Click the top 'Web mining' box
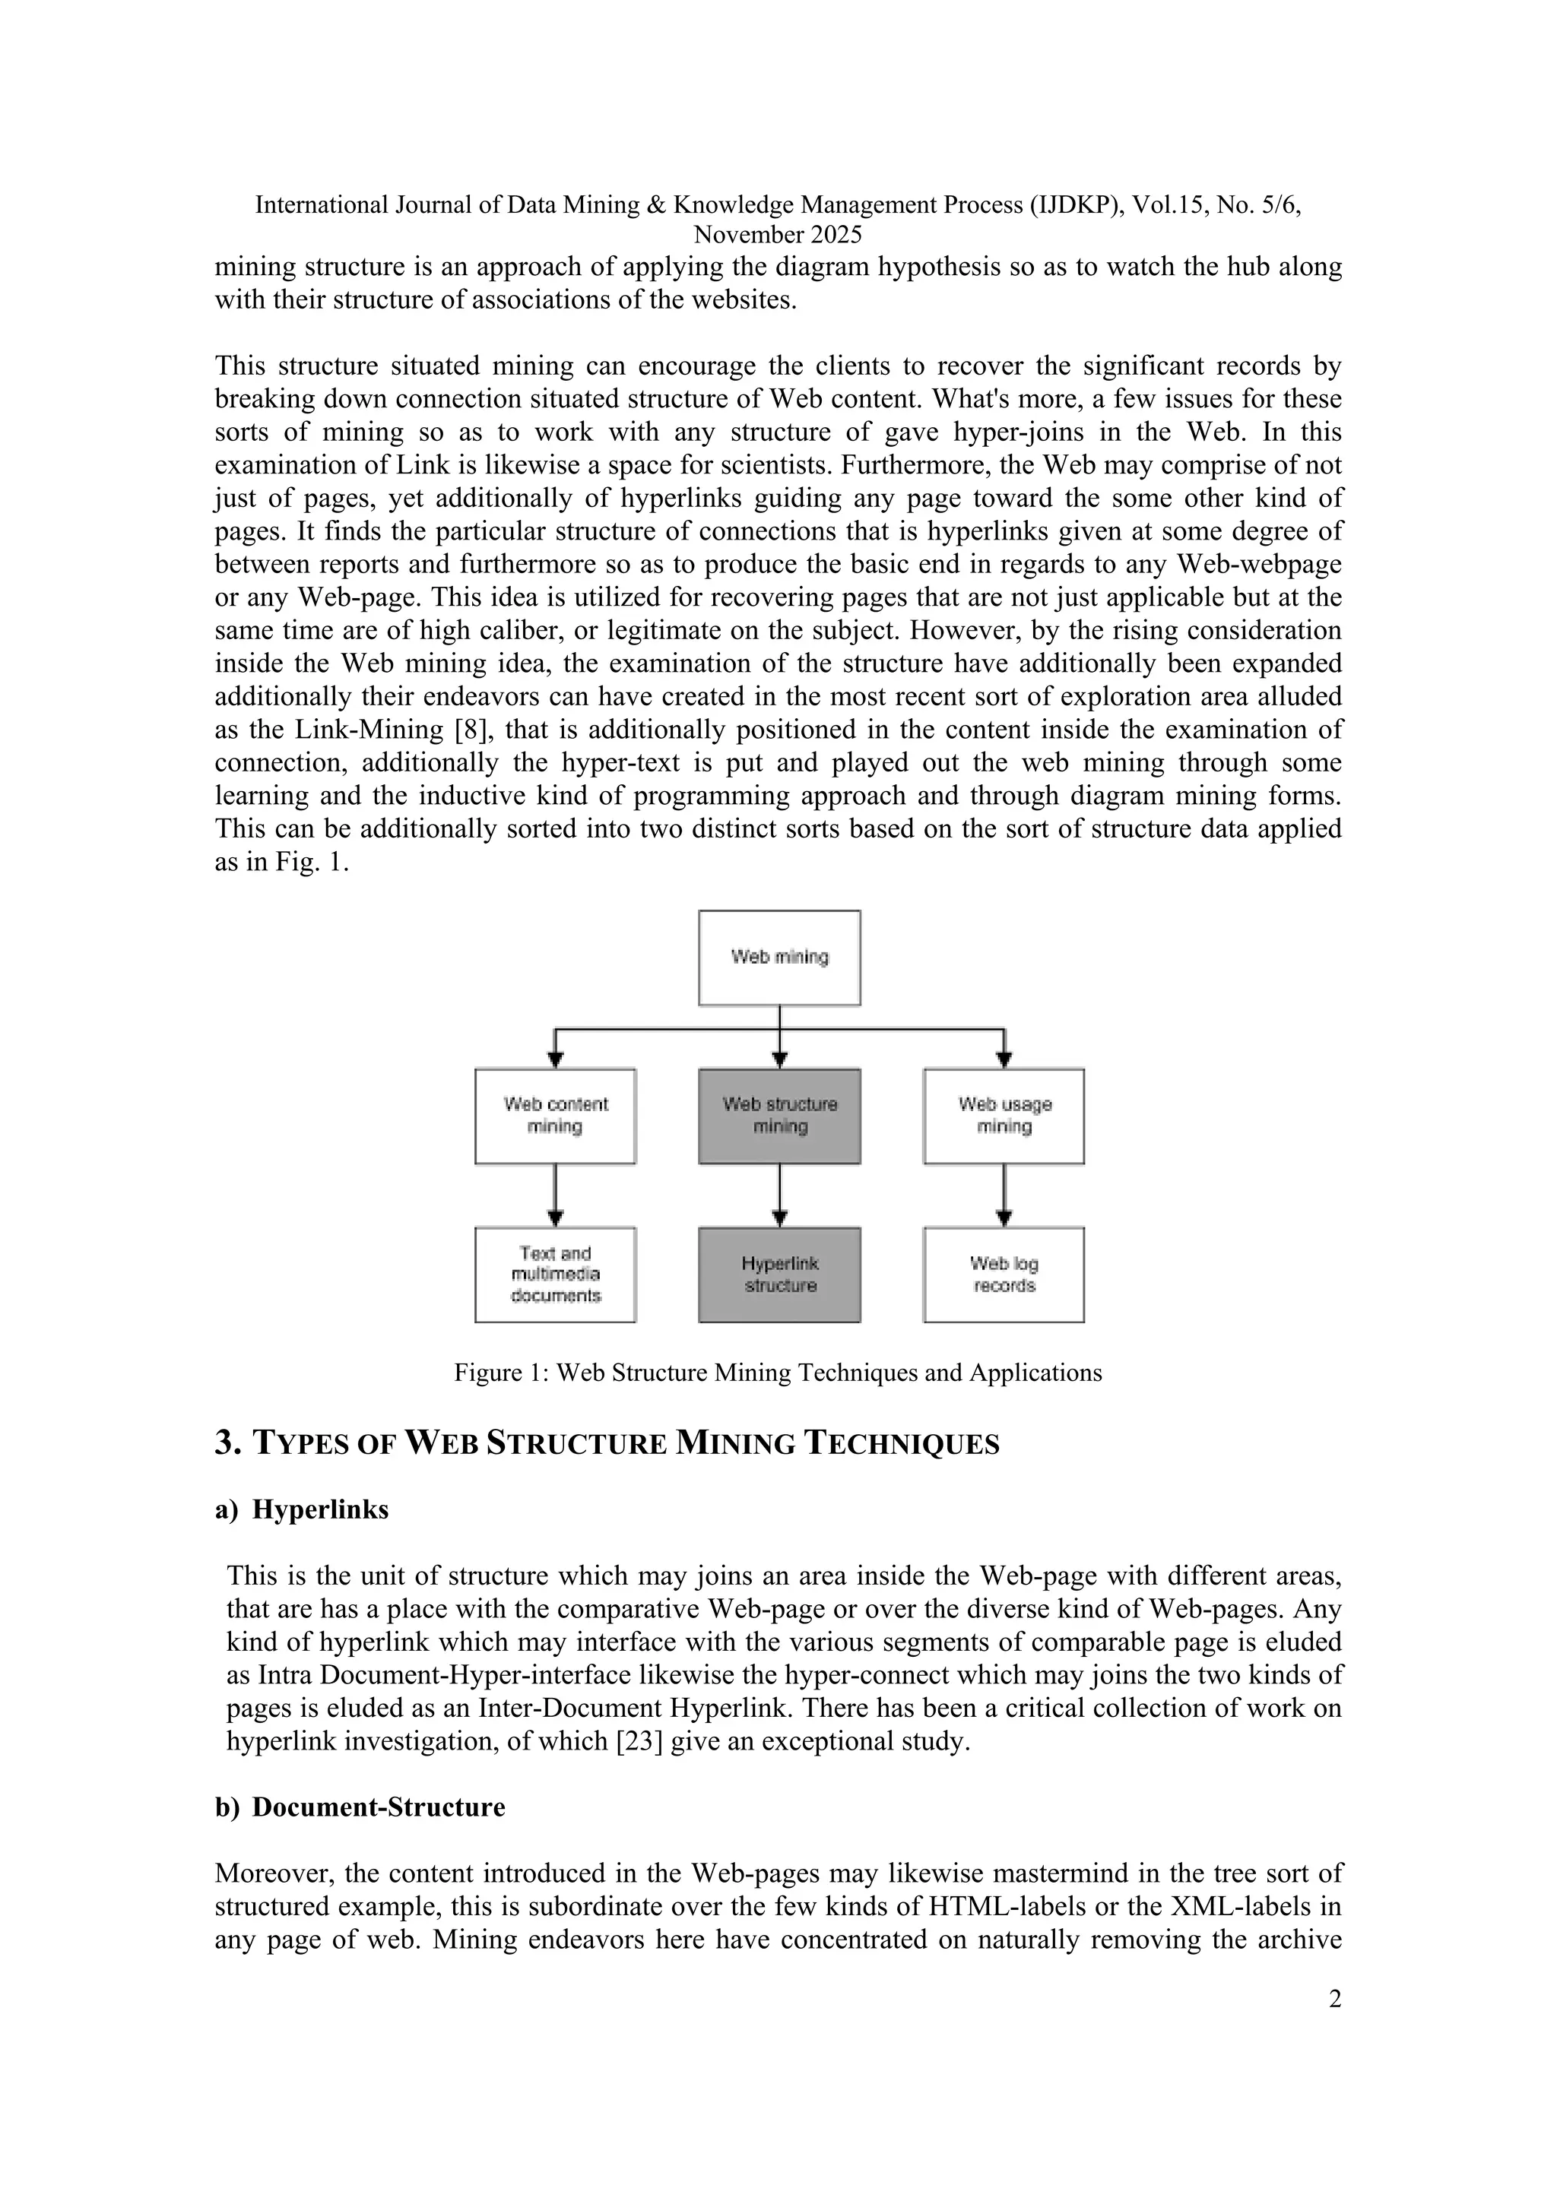[x=778, y=957]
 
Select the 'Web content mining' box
[x=555, y=1116]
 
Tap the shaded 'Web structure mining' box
[x=778, y=1116]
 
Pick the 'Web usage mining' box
[x=1004, y=1116]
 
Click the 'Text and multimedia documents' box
[x=555, y=1274]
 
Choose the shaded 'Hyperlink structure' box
[x=778, y=1274]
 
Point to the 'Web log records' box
[x=1004, y=1274]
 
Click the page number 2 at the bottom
[x=1334, y=1999]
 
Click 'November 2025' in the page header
[x=778, y=235]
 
